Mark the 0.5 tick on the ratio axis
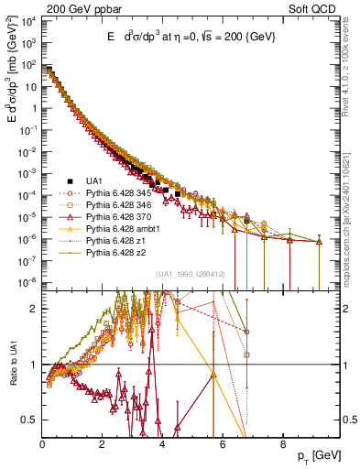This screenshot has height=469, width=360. (x=32, y=420)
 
